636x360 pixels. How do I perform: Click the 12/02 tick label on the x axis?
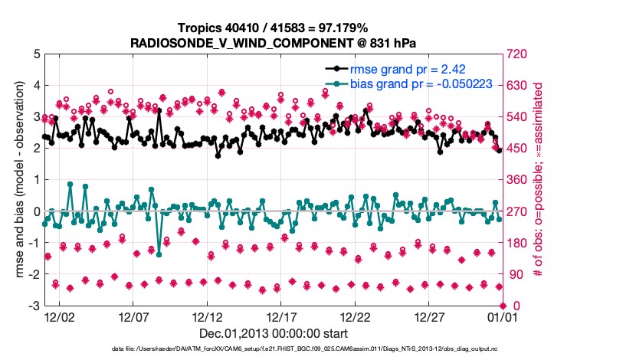(x=60, y=316)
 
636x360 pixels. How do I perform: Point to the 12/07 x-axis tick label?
(x=133, y=316)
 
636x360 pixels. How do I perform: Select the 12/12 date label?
(x=207, y=316)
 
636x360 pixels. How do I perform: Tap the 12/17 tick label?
(x=281, y=316)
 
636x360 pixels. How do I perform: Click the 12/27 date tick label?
(x=429, y=316)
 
